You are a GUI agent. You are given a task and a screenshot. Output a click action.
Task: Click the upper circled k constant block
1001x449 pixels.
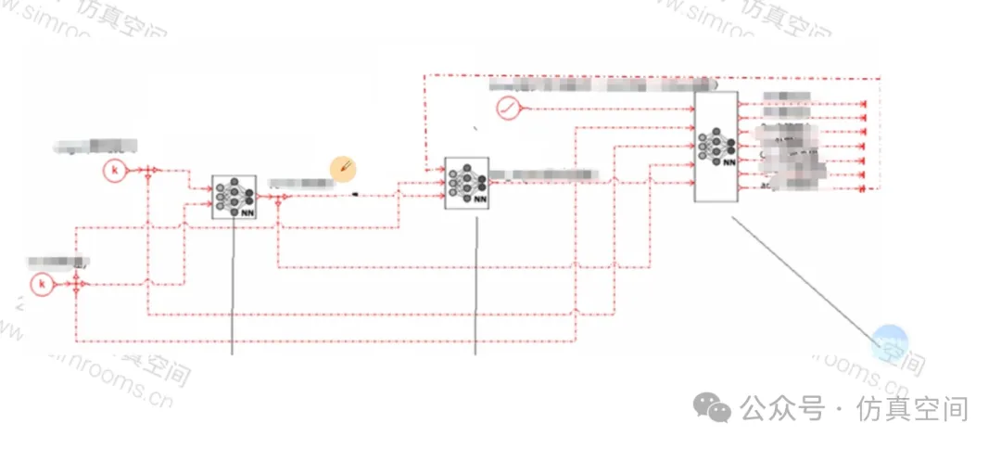[x=115, y=171]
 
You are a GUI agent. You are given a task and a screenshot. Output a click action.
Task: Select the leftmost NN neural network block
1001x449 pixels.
[x=234, y=197]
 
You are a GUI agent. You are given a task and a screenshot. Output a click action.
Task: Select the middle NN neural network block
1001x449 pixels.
[x=466, y=183]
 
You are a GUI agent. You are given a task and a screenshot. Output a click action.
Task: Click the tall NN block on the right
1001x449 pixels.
[x=716, y=147]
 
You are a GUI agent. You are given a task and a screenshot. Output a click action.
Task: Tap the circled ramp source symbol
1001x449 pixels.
[x=509, y=109]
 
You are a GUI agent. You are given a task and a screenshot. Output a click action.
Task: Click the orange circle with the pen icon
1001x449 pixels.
[x=344, y=168]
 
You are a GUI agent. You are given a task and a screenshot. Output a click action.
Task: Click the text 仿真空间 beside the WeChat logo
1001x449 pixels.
[x=913, y=409]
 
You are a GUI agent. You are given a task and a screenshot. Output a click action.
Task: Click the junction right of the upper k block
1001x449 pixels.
[x=147, y=171]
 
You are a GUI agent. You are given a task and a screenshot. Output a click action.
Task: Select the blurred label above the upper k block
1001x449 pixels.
[x=96, y=146]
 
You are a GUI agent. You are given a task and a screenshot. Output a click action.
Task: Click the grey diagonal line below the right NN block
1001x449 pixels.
[x=802, y=278]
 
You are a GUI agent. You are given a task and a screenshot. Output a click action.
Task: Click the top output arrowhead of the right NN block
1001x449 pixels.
[x=864, y=106]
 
